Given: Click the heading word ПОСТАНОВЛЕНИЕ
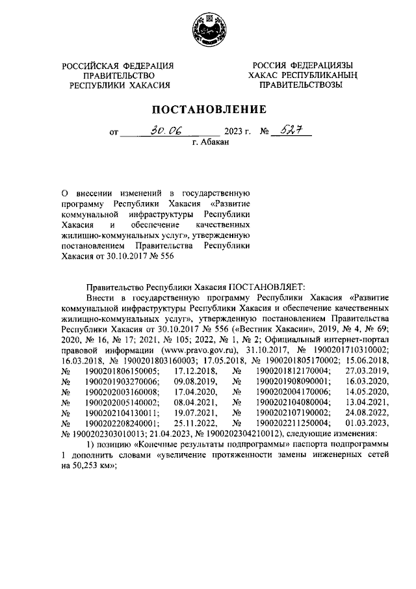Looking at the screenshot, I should (x=209, y=109).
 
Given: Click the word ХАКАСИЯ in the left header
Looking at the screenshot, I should (x=150, y=85).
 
